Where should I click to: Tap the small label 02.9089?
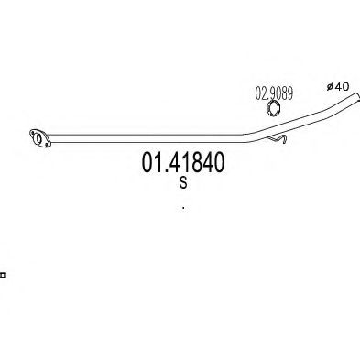[x=273, y=93]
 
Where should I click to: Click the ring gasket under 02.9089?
[x=273, y=109]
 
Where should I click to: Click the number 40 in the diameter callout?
[x=343, y=85]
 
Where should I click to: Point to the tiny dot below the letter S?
[x=183, y=209]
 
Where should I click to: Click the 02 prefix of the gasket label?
[x=259, y=93]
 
